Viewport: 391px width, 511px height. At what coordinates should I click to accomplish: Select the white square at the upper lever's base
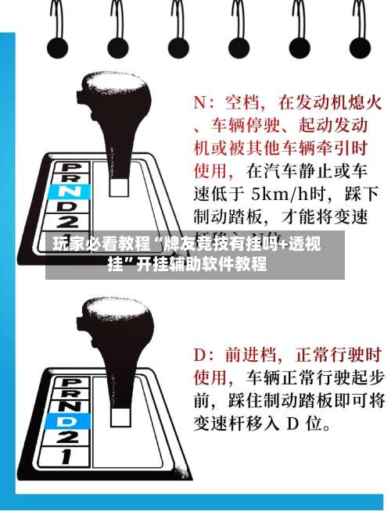[119, 187]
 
